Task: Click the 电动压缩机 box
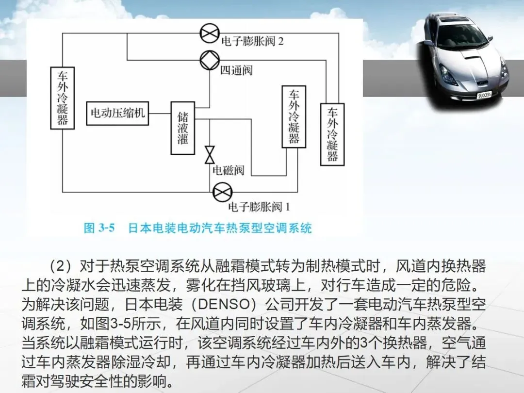tap(117, 114)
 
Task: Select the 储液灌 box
tap(183, 128)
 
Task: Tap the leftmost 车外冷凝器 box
tap(63, 98)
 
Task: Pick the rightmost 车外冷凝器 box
tap(332, 134)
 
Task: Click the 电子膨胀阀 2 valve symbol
tap(210, 33)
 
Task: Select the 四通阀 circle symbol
tap(210, 60)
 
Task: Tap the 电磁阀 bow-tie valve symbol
tap(210, 155)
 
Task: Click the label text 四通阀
tap(237, 71)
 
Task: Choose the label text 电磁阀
tap(228, 170)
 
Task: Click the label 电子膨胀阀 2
tap(252, 41)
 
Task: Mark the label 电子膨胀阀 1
tap(259, 207)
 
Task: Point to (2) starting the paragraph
tap(61, 266)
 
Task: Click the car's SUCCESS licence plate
tap(484, 95)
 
